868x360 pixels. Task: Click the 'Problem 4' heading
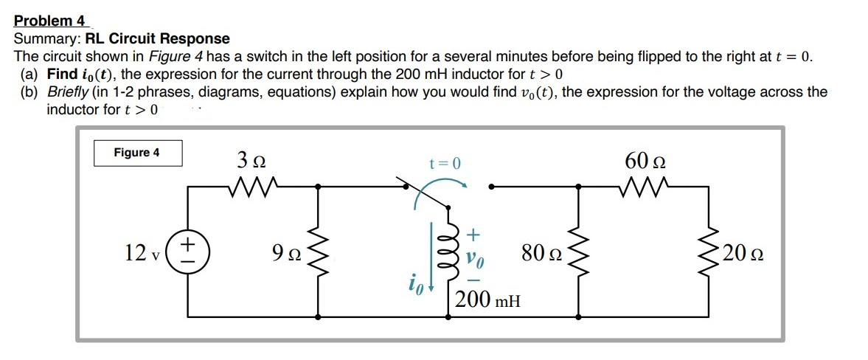click(49, 21)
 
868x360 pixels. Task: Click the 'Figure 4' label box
click(137, 153)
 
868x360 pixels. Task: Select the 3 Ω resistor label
click(251, 160)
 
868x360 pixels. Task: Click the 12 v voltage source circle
click(188, 252)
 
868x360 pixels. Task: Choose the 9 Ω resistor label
click(284, 255)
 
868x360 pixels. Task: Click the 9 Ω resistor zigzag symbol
click(318, 252)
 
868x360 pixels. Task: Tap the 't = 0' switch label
click(445, 164)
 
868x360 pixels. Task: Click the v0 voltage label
click(473, 257)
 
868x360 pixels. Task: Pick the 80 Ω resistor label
click(541, 255)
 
